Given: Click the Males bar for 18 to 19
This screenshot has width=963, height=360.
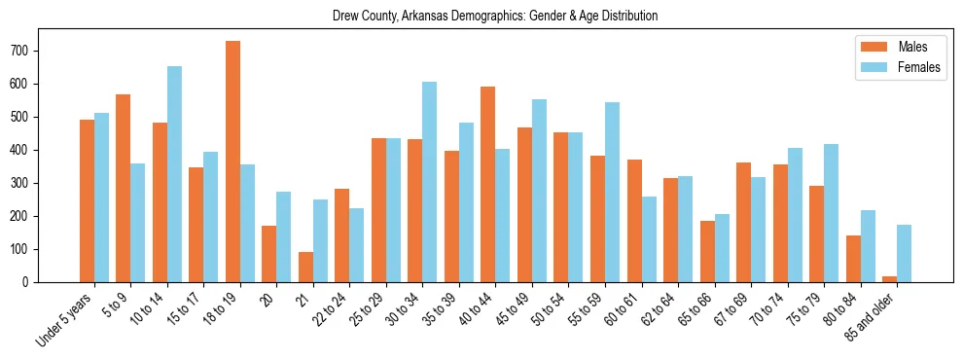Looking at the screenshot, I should pyautogui.click(x=232, y=162).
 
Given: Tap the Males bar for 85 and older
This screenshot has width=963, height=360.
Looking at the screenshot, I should pyautogui.click(x=889, y=279).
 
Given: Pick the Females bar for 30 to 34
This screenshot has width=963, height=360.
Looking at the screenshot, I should pyautogui.click(x=430, y=182).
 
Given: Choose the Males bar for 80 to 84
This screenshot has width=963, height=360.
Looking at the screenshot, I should pyautogui.click(x=853, y=259).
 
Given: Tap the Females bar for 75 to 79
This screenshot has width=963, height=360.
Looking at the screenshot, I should pyautogui.click(x=831, y=213).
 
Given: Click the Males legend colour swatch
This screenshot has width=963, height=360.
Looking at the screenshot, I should pyautogui.click(x=869, y=47).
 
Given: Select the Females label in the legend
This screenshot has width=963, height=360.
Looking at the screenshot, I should pyautogui.click(x=918, y=69).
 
